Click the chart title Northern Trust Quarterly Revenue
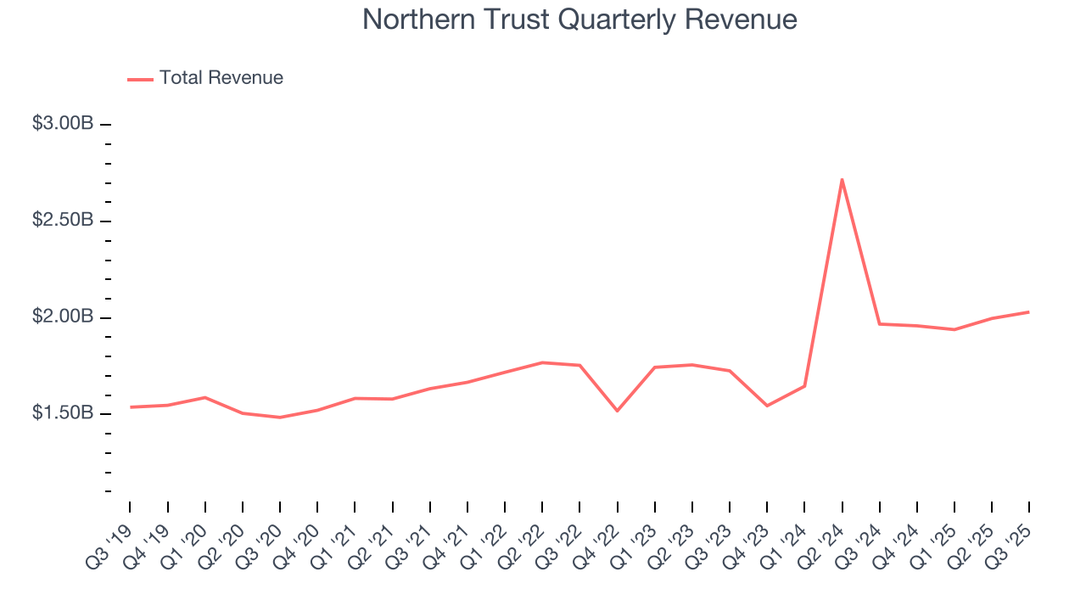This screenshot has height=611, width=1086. tap(579, 20)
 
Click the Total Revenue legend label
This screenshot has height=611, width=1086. tap(221, 78)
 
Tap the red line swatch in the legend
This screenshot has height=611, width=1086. tap(140, 79)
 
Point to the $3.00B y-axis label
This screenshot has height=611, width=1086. tap(63, 124)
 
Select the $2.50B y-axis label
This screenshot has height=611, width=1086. tap(63, 221)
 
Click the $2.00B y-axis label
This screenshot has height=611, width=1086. tap(63, 317)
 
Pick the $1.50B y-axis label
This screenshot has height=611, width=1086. tap(63, 414)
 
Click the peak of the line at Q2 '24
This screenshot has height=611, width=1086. tap(842, 179)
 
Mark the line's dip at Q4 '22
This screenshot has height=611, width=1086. tap(617, 411)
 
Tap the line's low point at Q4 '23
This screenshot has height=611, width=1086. tap(767, 406)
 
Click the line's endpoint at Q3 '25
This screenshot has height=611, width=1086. tap(1029, 312)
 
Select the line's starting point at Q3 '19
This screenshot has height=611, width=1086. tap(131, 407)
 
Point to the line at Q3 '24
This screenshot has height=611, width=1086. tap(879, 324)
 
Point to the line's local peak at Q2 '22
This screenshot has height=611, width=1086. tap(542, 362)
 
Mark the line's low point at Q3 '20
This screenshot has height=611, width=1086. tap(280, 418)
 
